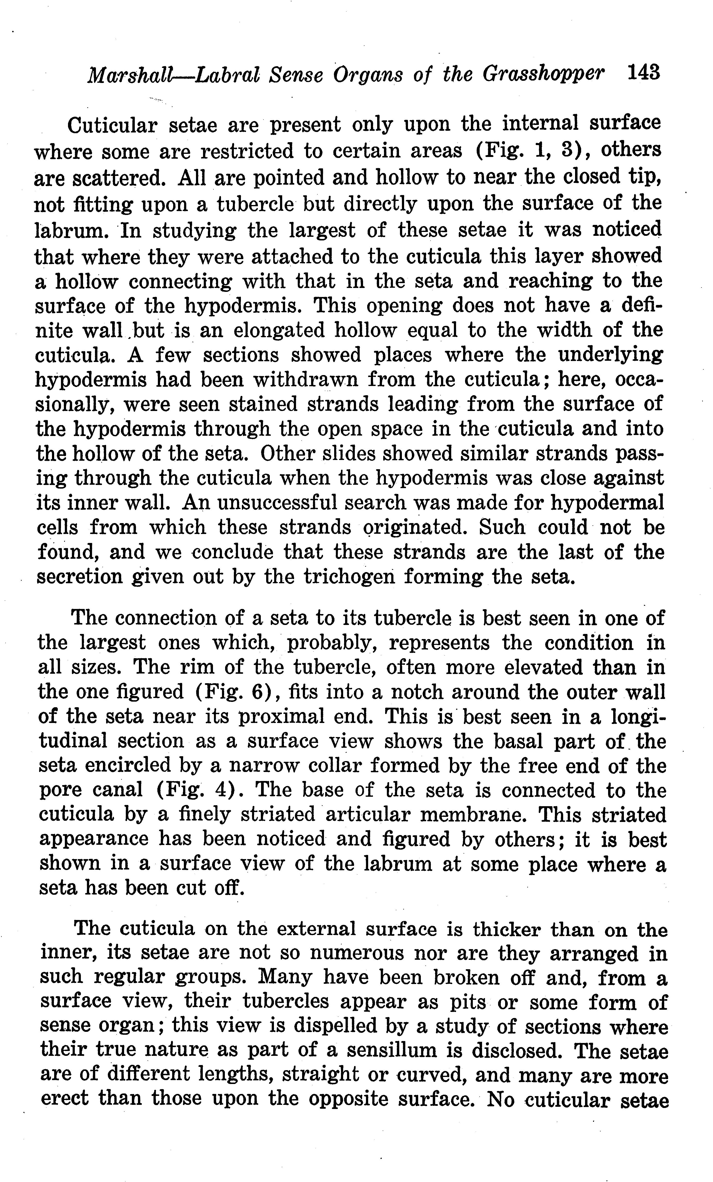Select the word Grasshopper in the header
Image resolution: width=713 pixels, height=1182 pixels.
[x=543, y=74]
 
